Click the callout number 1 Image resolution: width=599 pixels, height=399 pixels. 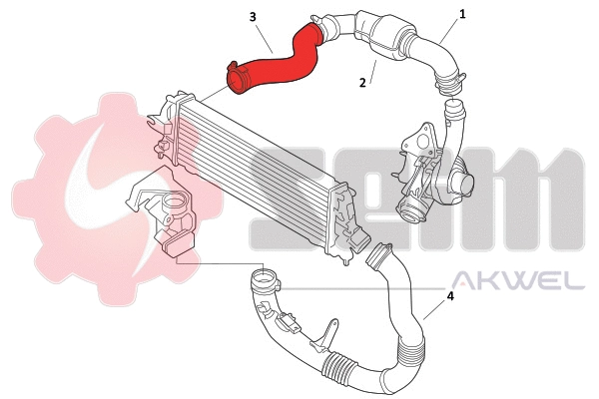(462, 16)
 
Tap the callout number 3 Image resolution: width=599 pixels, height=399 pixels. (253, 17)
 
